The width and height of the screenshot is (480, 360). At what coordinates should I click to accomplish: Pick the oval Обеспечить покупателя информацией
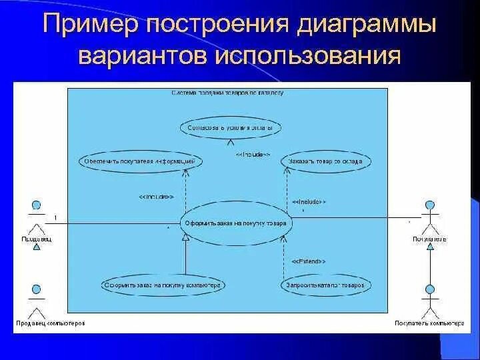point(140,161)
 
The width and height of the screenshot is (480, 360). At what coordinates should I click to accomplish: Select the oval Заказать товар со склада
point(326,161)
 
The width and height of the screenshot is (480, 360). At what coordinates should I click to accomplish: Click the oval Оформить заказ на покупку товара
point(236,223)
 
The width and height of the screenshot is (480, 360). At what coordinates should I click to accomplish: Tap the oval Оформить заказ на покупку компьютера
point(163,285)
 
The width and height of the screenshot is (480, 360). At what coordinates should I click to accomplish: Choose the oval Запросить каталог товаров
point(325,285)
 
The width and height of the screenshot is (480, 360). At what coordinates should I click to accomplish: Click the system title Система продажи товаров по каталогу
point(227,93)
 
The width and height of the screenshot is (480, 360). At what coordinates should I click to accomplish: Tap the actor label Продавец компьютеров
point(51,323)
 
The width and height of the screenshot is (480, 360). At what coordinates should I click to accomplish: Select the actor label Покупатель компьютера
point(429,323)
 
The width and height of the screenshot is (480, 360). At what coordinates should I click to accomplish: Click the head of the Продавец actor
point(37,205)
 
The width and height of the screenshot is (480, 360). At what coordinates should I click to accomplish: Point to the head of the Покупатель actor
point(430,205)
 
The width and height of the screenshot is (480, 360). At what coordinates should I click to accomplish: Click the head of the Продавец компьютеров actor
point(37,289)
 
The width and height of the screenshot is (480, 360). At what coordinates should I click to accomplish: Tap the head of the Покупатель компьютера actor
point(430,289)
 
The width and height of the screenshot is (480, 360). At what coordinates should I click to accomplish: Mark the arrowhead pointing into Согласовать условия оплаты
point(231,141)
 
